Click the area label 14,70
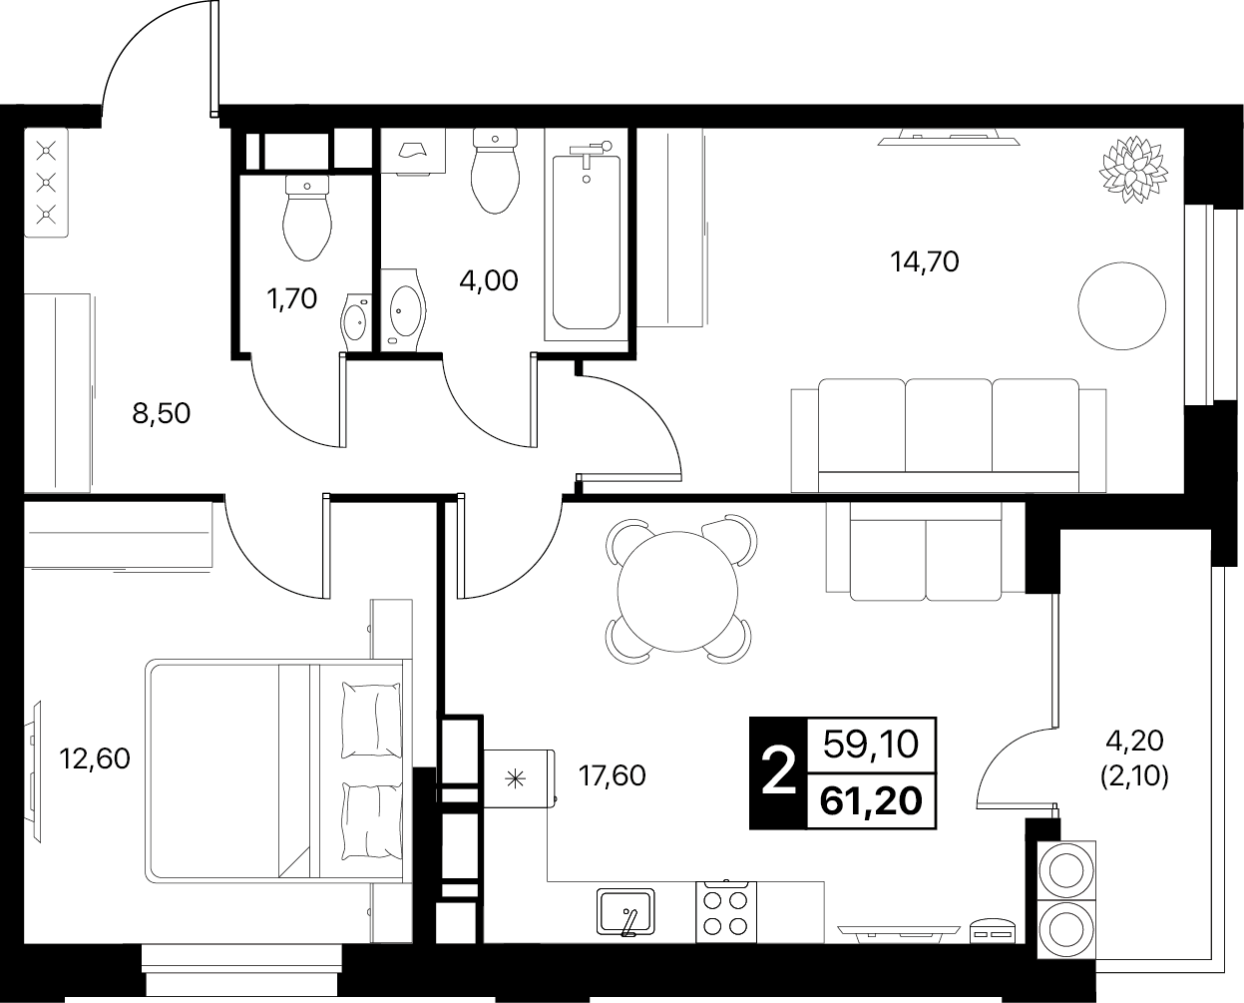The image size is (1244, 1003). tap(925, 262)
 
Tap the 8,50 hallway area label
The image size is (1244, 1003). tap(162, 414)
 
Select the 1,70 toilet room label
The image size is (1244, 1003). tap(292, 299)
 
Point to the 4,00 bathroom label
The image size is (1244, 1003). tap(489, 281)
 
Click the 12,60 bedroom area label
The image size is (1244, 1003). tap(95, 758)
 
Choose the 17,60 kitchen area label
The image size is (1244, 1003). tap(612, 776)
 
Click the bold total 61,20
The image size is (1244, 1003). tap(871, 801)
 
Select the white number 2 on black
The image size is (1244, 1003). tap(778, 772)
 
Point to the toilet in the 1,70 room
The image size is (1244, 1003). tap(307, 218)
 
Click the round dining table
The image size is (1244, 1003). tap(677, 592)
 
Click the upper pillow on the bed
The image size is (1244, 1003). tap(371, 720)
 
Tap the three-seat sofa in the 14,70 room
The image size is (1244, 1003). tap(949, 435)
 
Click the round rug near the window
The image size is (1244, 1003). tap(1121, 306)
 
